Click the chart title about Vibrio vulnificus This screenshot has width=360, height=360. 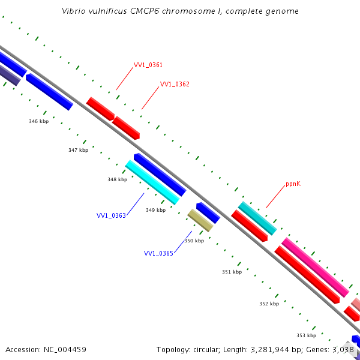(180, 11)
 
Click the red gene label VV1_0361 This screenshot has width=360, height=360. (148, 65)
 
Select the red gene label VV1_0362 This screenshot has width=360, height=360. (175, 85)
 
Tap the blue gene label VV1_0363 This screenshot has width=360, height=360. (111, 215)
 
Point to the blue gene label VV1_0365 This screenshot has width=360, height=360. (158, 253)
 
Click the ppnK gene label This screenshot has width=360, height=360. (293, 184)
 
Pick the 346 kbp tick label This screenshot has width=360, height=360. (38, 121)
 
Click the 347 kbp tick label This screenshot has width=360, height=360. (78, 150)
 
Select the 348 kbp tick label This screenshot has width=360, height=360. (117, 179)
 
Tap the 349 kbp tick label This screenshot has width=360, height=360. (155, 210)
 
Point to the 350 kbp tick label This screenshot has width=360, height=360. (194, 241)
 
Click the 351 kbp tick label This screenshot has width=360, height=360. (232, 272)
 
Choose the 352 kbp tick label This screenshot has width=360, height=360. (269, 304)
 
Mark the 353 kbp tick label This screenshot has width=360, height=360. (306, 335)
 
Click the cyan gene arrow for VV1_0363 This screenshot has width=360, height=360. (152, 182)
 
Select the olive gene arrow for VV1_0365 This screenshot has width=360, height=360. (200, 220)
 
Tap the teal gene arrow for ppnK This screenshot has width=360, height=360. (257, 218)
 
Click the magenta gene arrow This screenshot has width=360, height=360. (315, 267)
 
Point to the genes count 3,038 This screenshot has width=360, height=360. (344, 349)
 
